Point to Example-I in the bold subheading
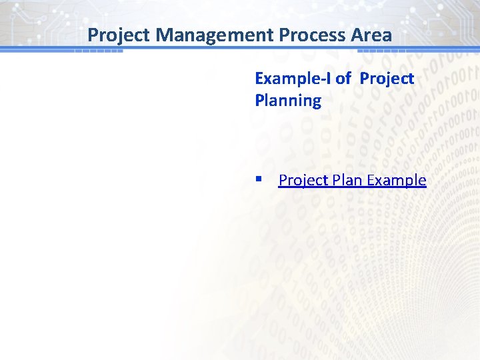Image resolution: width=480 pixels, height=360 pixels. click(x=293, y=79)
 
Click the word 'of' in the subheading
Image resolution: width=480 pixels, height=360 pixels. click(x=343, y=79)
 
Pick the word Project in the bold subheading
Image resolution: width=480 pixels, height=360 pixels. click(x=387, y=79)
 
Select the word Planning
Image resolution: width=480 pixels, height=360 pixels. click(x=288, y=101)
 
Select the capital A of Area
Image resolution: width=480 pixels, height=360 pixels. click(x=361, y=35)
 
